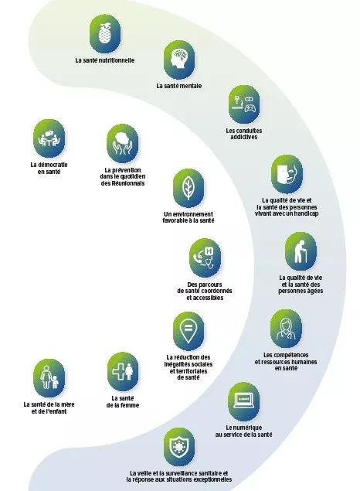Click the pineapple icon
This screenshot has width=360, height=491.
(105, 33)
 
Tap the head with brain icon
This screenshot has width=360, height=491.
(179, 59)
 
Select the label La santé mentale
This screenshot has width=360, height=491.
(179, 86)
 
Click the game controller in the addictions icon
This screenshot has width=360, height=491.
(250, 108)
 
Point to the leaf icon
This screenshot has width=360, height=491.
(188, 188)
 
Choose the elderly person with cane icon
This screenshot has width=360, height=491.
(301, 251)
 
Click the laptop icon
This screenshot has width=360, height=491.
(244, 401)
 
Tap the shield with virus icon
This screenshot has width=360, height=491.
(179, 447)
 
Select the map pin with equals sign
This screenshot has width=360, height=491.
(188, 330)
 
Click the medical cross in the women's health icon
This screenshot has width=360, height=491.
(118, 371)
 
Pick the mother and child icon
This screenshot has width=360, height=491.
(49, 378)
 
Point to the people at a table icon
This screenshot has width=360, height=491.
(49, 138)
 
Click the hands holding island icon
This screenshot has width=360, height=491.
(122, 143)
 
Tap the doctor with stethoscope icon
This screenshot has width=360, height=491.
(286, 329)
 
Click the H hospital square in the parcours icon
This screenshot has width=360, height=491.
(209, 251)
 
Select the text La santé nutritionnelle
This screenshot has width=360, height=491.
(105, 60)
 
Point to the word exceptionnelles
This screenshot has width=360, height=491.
(212, 479)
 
